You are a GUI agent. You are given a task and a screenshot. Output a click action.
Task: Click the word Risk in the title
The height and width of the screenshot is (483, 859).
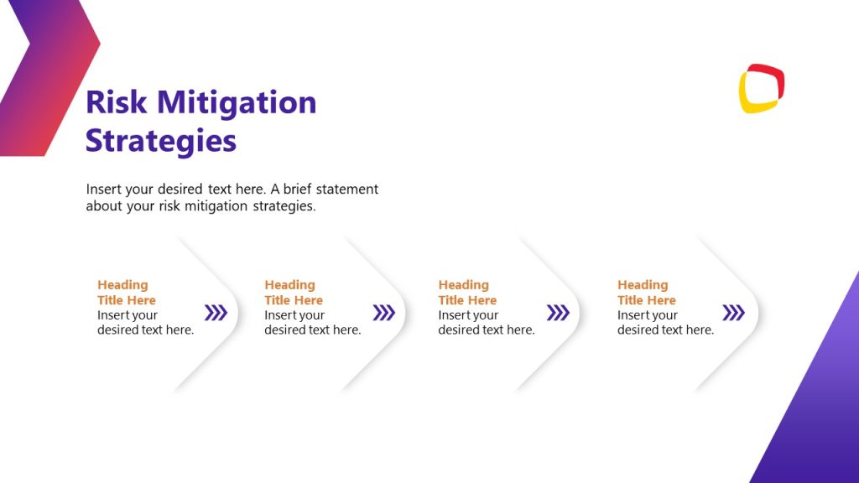117,102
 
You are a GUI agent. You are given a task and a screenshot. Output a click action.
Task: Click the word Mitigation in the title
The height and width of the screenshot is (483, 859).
237,102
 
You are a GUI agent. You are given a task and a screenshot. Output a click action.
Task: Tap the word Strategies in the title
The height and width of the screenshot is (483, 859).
161,140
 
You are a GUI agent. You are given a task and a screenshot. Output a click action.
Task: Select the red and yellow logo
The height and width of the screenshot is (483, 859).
761,88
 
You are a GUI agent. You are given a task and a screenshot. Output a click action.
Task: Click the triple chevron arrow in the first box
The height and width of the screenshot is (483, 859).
216,313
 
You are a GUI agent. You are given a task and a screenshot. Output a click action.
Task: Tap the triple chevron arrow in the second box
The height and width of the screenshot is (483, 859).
383,313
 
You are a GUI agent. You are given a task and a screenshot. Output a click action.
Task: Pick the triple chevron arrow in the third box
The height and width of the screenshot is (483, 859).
558,313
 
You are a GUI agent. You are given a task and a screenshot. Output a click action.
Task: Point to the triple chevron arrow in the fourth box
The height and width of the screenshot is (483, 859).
733,313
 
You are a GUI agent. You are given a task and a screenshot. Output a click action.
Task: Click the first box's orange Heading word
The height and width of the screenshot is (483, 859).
122,285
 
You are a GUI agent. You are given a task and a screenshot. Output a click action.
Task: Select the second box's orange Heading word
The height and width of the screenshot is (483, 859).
289,285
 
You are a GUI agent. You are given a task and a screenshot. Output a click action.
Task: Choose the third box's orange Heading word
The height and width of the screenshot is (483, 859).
463,285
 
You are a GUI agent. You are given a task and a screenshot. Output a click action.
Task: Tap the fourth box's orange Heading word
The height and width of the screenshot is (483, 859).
643,285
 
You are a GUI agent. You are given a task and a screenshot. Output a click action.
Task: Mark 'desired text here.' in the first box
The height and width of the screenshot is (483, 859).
145,330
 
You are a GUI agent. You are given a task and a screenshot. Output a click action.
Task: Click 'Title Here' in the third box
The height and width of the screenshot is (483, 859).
467,300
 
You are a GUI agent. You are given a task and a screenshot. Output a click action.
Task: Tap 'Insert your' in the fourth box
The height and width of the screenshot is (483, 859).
648,315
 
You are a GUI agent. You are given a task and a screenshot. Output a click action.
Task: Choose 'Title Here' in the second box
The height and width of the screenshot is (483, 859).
294,300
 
